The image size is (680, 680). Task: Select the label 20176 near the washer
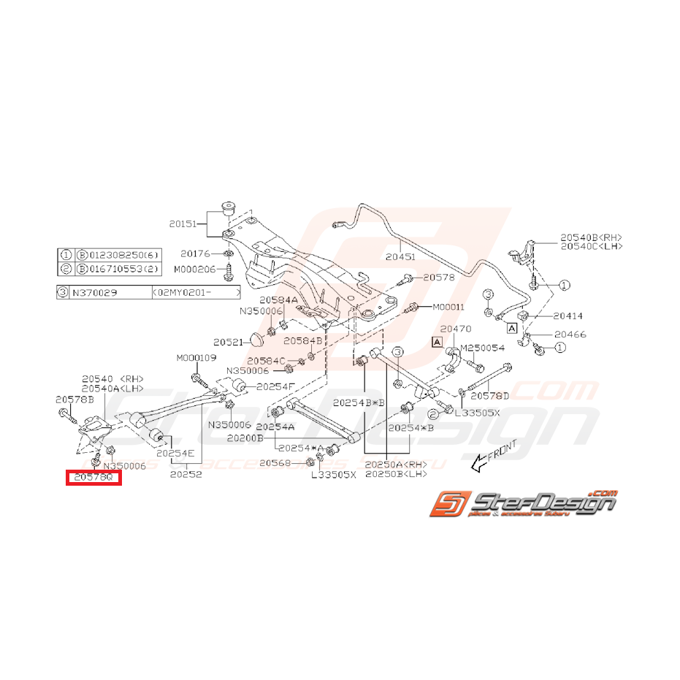click(194, 254)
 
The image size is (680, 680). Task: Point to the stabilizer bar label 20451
click(400, 256)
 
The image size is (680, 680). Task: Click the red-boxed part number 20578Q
click(93, 478)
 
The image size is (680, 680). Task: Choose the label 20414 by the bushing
click(567, 316)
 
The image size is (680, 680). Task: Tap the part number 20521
click(226, 341)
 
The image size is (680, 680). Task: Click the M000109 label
click(196, 358)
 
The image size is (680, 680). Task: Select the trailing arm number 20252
click(186, 473)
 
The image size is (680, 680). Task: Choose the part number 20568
click(275, 463)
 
